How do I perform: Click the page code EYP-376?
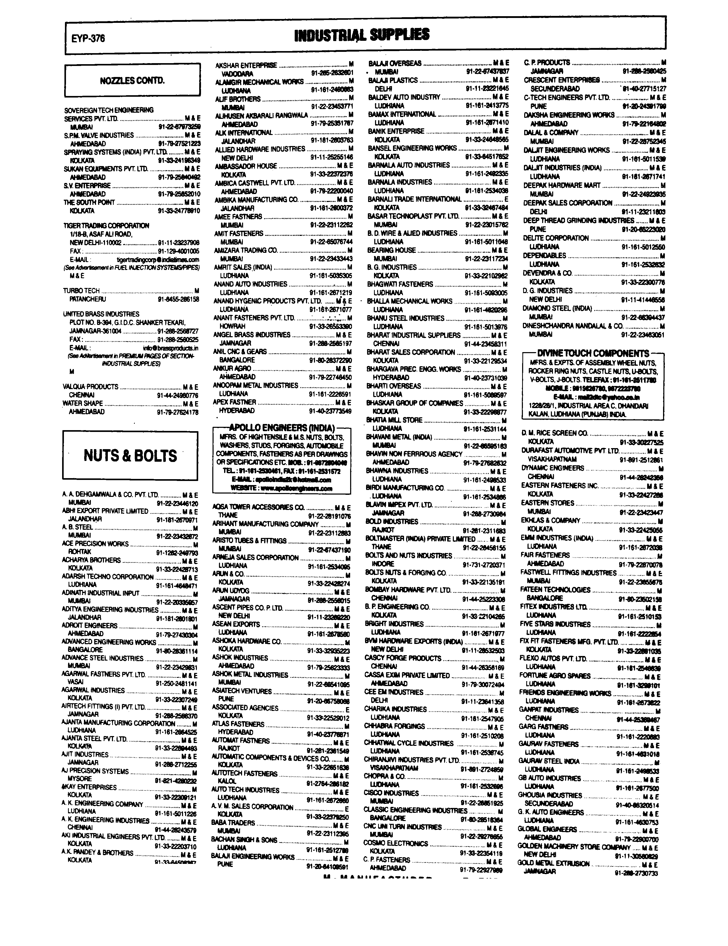click(x=88, y=38)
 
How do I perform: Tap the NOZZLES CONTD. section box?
click(x=132, y=81)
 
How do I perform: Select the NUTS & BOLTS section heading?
click(x=130, y=456)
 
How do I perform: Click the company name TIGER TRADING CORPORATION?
click(x=106, y=226)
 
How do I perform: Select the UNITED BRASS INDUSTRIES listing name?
click(x=101, y=314)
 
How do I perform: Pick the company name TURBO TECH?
click(x=81, y=291)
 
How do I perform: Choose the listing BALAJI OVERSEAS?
click(x=395, y=63)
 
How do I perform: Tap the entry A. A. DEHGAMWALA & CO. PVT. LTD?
click(x=110, y=495)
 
